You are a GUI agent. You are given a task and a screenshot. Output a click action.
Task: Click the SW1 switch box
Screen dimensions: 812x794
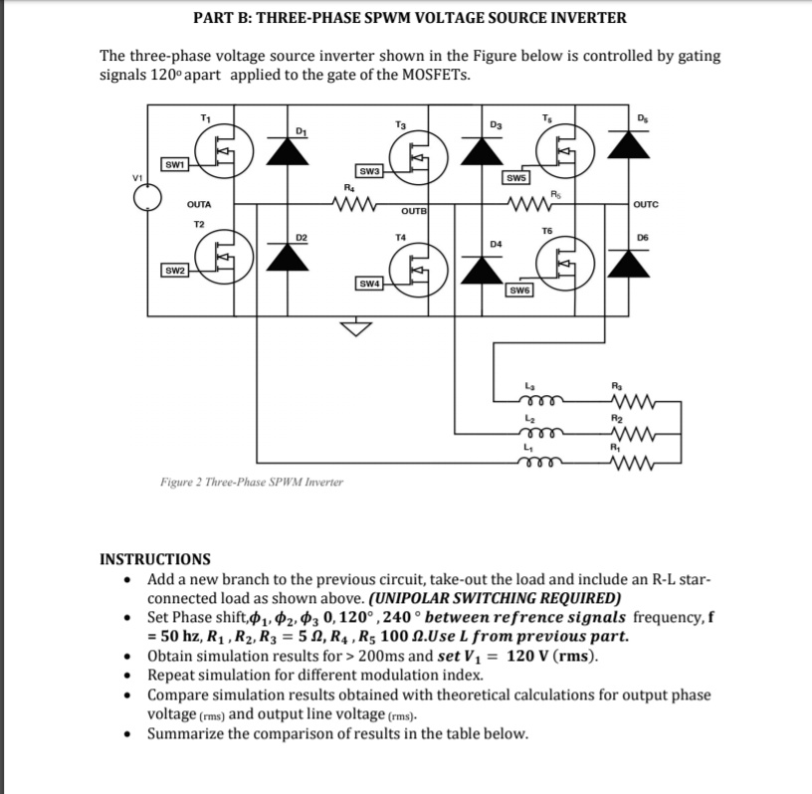174,165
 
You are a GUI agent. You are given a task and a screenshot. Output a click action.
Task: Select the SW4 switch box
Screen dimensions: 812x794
369,284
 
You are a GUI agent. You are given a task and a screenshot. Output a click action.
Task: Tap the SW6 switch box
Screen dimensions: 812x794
519,291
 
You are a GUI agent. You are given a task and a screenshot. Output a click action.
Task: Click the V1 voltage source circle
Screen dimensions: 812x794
147,198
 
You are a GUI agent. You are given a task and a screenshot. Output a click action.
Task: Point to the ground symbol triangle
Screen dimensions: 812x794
356,328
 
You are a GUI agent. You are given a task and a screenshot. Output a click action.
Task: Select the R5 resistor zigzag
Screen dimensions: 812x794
529,204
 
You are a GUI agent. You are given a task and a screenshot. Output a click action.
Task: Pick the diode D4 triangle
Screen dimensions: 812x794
482,270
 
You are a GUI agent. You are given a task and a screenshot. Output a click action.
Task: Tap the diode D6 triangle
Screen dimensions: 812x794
629,263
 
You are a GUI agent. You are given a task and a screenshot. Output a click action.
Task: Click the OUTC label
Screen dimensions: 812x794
646,204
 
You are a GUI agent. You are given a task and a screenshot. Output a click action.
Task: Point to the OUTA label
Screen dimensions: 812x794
199,205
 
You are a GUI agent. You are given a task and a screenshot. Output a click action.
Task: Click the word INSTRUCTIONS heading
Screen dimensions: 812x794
155,559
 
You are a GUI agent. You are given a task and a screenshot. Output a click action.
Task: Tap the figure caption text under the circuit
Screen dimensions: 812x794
252,483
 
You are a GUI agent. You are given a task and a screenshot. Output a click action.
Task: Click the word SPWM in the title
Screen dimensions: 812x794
387,18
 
